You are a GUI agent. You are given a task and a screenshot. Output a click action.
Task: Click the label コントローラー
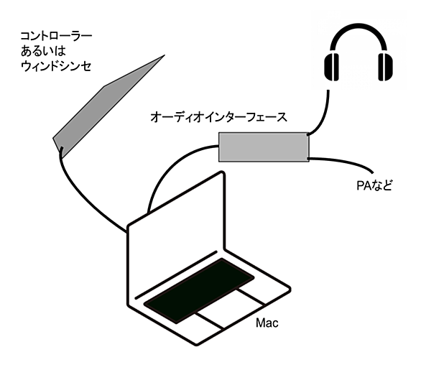tap(56, 36)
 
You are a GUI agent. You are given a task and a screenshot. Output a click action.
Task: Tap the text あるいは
tap(43, 51)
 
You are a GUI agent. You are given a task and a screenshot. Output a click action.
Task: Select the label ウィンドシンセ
tap(56, 66)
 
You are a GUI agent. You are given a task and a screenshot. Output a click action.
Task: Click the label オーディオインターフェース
tap(218, 117)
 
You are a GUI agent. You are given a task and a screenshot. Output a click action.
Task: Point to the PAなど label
tap(374, 185)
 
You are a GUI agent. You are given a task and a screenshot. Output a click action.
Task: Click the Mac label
tap(267, 323)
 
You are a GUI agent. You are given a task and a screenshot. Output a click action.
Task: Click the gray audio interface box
tap(264, 147)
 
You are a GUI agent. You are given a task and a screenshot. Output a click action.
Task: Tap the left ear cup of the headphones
tap(332, 67)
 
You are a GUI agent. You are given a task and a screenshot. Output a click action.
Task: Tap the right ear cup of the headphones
tap(386, 67)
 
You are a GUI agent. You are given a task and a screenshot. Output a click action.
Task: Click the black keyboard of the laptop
tap(199, 291)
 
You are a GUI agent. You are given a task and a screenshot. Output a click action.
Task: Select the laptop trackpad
tap(230, 309)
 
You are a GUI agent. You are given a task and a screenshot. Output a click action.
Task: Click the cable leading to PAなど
tap(342, 161)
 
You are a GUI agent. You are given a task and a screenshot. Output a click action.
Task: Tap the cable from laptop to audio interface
tap(172, 167)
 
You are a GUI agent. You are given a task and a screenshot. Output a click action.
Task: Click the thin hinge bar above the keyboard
tap(176, 275)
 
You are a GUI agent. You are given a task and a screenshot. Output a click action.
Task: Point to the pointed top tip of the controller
tap(165, 55)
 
